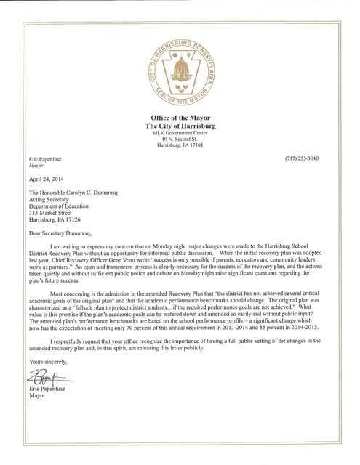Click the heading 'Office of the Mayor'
tap(180, 118)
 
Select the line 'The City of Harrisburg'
tap(180, 126)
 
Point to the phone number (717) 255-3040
tap(303, 158)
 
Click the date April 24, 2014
tap(47, 178)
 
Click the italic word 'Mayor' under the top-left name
tap(36, 165)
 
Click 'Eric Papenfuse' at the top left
tap(46, 158)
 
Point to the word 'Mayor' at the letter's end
tap(37, 396)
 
